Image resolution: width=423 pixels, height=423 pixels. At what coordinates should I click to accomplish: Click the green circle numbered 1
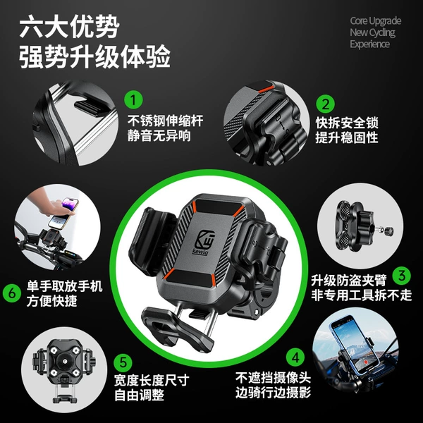(x=133, y=100)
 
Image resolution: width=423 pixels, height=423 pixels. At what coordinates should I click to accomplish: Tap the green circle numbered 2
(x=325, y=104)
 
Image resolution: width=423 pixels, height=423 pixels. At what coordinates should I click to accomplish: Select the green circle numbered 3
(x=402, y=276)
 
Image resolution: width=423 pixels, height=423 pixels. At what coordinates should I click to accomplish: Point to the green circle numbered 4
(x=295, y=357)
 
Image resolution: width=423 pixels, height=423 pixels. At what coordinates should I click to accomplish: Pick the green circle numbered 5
(x=123, y=362)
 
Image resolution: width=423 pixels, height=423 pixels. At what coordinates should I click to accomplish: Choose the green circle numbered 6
(x=12, y=293)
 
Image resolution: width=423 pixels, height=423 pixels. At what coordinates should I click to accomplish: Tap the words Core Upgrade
(x=376, y=20)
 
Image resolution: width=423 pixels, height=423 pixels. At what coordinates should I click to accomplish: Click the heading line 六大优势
(x=69, y=27)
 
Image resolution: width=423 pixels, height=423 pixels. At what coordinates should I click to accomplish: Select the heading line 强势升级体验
(x=94, y=57)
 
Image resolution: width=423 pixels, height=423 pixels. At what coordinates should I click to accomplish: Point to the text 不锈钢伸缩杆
(x=165, y=121)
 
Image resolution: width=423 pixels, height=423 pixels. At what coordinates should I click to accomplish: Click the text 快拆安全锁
(x=347, y=123)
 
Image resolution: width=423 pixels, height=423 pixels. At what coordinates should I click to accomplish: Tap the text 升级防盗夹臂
(x=349, y=280)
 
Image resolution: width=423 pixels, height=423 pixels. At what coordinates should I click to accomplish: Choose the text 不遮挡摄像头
(x=274, y=378)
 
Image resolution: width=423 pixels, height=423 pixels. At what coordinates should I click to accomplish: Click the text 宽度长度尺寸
(x=152, y=381)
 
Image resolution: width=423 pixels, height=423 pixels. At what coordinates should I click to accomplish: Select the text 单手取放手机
(x=64, y=286)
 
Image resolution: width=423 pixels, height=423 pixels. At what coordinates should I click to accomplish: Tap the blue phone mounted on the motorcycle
(x=354, y=345)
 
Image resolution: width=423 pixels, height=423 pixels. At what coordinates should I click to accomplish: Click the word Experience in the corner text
(x=369, y=44)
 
